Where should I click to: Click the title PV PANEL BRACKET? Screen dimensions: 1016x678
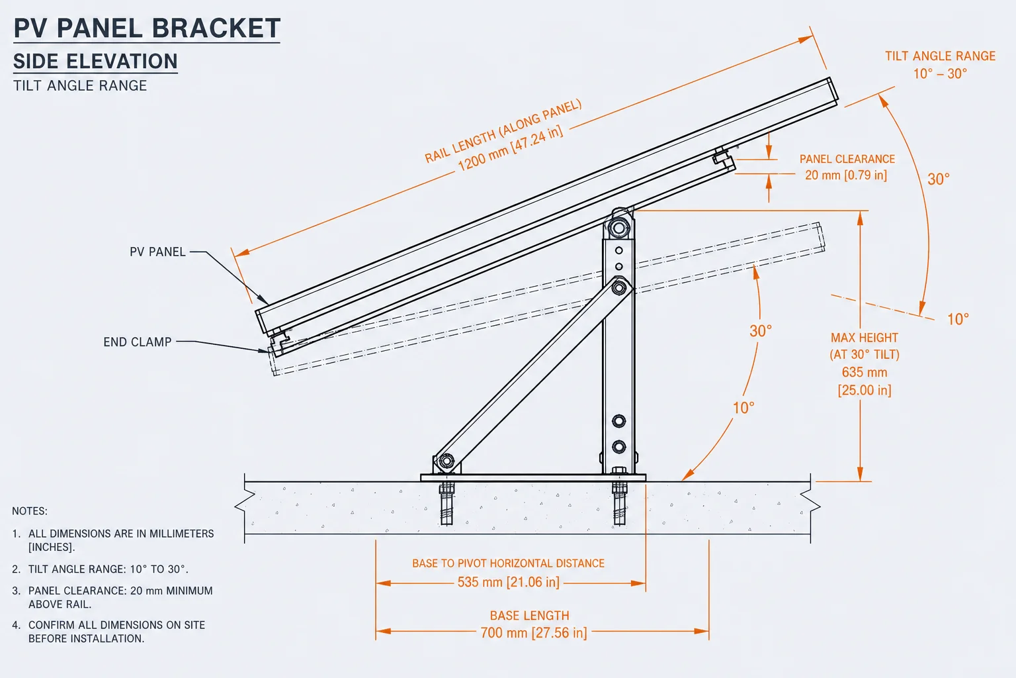[x=147, y=28]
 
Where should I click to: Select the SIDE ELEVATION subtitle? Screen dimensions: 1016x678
[x=95, y=62]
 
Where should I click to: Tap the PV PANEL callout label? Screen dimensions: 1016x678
[x=157, y=252]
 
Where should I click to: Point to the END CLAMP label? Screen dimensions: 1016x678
[x=137, y=342]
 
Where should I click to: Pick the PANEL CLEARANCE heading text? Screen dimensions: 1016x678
[x=847, y=159]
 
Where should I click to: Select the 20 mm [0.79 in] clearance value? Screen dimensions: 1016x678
[x=846, y=175]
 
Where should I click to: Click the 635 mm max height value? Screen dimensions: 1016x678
[x=865, y=372]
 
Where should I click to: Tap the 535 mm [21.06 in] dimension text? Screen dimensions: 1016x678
[x=508, y=582]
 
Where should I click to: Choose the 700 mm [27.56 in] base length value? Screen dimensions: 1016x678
[x=533, y=632]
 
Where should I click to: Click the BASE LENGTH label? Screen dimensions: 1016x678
[x=529, y=616]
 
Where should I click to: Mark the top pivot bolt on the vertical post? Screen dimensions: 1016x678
[x=618, y=227]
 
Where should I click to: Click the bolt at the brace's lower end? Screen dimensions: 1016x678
[x=446, y=461]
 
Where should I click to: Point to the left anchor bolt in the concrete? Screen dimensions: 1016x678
[x=446, y=504]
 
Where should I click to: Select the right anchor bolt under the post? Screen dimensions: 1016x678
[x=619, y=503]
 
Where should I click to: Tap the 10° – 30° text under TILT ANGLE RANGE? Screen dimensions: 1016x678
[x=940, y=73]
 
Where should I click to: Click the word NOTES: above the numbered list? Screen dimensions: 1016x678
[x=30, y=511]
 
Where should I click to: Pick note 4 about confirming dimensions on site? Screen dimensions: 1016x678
[x=109, y=632]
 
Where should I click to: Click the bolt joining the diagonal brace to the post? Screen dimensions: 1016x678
[x=618, y=287]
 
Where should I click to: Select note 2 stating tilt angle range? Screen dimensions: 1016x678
[x=101, y=569]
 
